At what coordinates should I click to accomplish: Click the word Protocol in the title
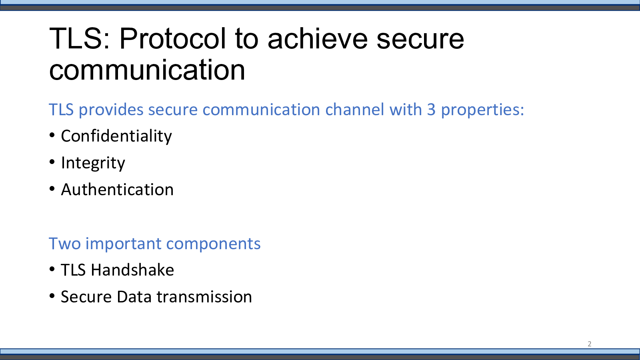tap(173, 38)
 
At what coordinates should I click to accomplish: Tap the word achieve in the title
tap(318, 38)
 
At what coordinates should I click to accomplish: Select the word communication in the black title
tap(147, 70)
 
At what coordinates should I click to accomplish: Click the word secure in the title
tap(420, 40)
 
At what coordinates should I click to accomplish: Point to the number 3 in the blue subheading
tap(431, 110)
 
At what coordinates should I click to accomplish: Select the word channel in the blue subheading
tap(354, 109)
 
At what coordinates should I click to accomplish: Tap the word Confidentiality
tap(116, 136)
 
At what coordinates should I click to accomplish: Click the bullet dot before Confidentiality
tap(52, 135)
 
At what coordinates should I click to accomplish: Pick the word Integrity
tap(93, 163)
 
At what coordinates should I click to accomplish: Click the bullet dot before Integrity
tap(52, 162)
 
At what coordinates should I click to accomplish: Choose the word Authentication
tap(117, 190)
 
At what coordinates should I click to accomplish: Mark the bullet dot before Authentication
tap(52, 189)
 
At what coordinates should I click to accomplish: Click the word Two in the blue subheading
tap(65, 244)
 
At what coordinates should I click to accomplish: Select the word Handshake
tap(132, 270)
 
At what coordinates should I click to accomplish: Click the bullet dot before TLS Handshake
tap(52, 269)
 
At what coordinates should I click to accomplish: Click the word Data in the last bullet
tap(134, 296)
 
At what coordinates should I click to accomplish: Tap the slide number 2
tap(590, 344)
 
